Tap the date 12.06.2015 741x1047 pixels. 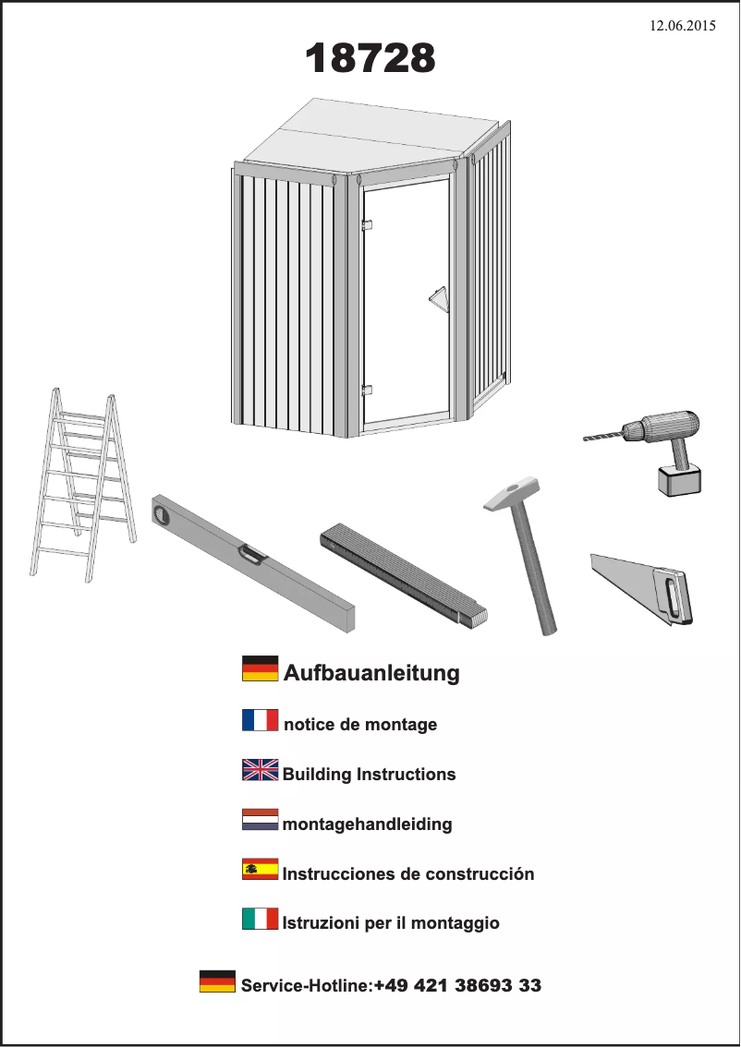(x=683, y=26)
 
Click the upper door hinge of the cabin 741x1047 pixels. (x=367, y=224)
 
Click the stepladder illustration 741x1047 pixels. (x=82, y=485)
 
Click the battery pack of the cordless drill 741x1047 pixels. (x=679, y=480)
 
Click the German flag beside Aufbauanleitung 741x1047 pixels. (x=260, y=669)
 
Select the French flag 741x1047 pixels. (x=260, y=720)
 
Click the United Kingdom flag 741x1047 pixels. (x=260, y=770)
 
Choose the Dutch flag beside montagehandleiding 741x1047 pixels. (x=260, y=820)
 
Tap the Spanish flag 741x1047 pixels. (x=260, y=870)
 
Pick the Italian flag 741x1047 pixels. (x=260, y=919)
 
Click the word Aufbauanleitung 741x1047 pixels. (x=371, y=673)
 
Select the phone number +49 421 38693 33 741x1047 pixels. (x=457, y=986)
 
